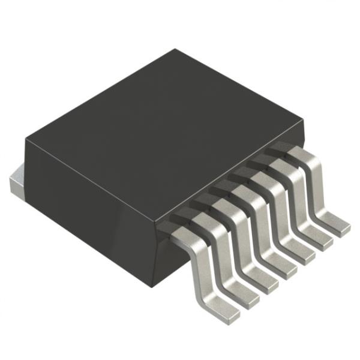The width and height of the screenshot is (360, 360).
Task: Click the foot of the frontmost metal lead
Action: pos(223,309)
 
